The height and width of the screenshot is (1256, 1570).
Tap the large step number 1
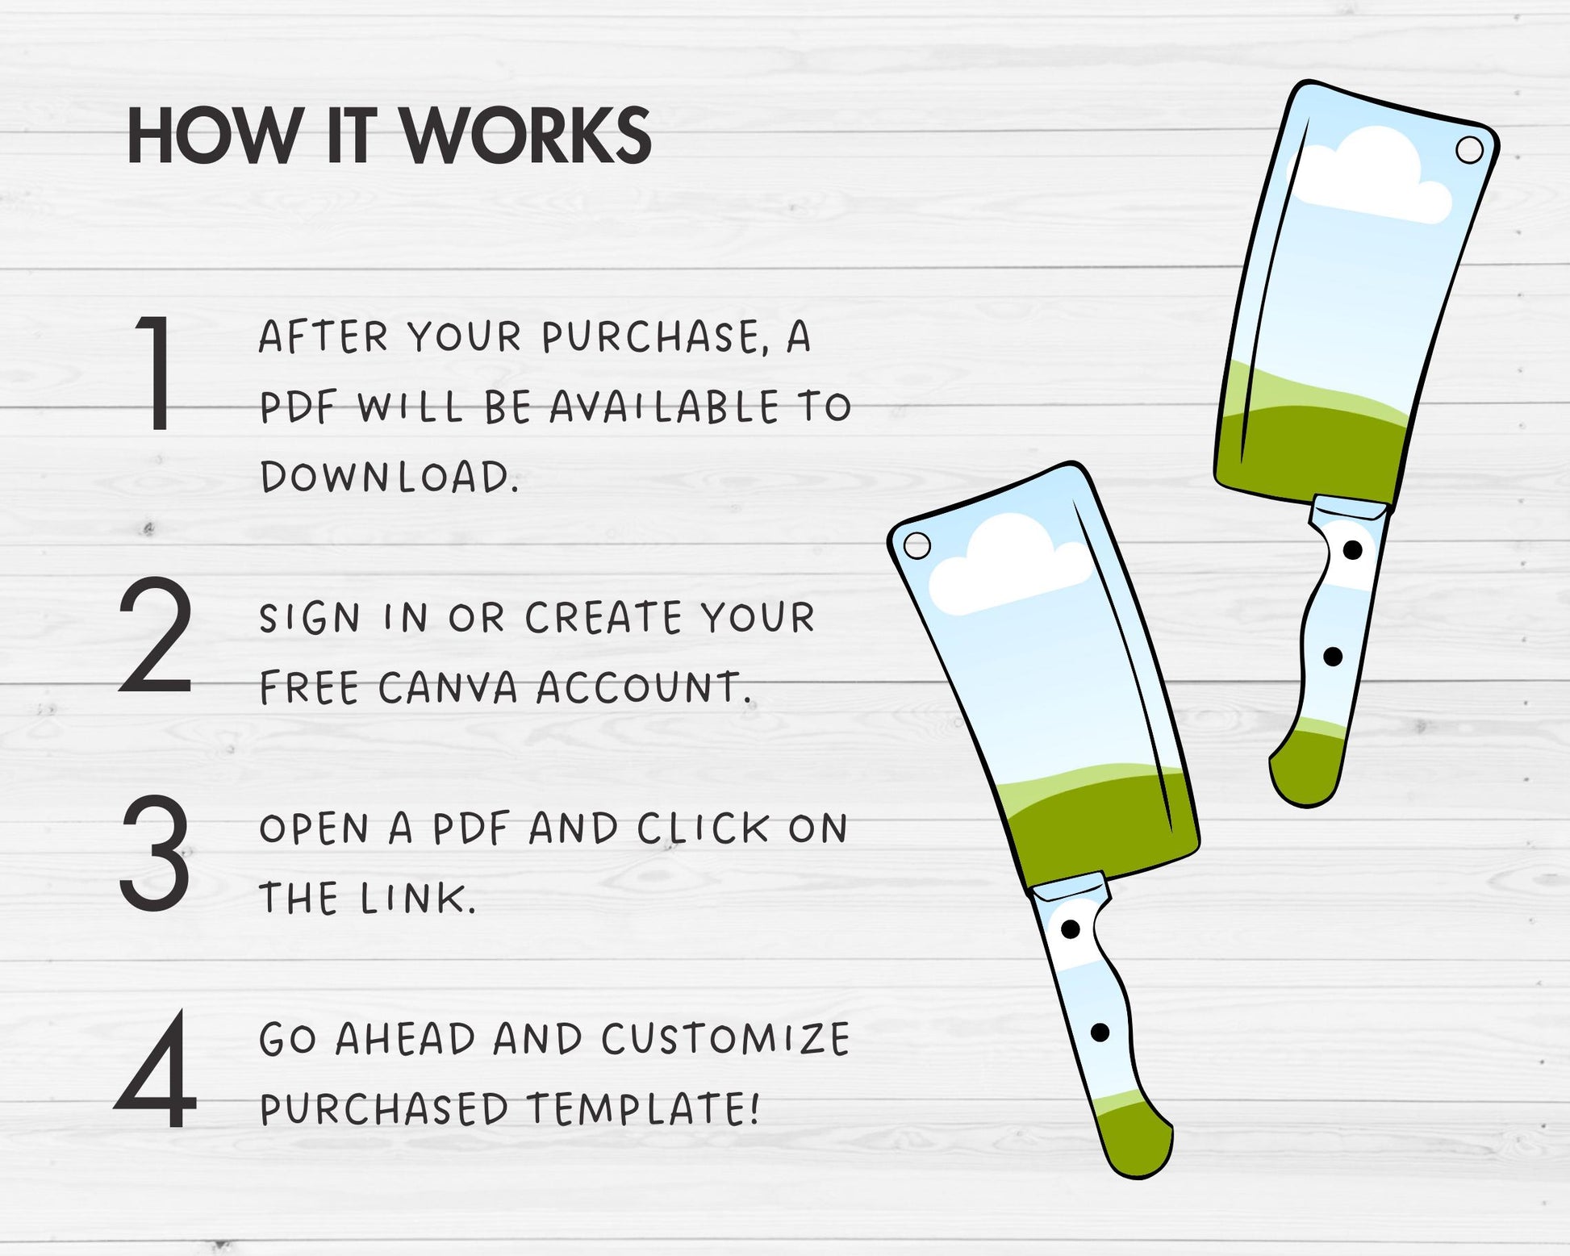click(x=156, y=372)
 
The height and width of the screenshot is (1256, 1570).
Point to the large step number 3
click(x=155, y=852)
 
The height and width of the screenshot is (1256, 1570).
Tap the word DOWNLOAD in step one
click(x=389, y=476)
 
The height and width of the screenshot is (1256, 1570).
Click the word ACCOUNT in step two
click(x=644, y=688)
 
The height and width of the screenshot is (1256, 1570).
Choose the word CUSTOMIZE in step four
click(x=725, y=1039)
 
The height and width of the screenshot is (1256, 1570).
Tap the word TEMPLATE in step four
click(x=643, y=1108)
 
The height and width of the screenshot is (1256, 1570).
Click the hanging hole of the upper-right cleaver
click(x=1469, y=150)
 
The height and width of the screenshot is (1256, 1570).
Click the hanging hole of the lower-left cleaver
click(x=917, y=546)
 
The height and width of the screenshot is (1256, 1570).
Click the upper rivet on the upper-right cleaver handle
click(x=1352, y=550)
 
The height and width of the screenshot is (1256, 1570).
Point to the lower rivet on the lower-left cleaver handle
click(x=1100, y=1032)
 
